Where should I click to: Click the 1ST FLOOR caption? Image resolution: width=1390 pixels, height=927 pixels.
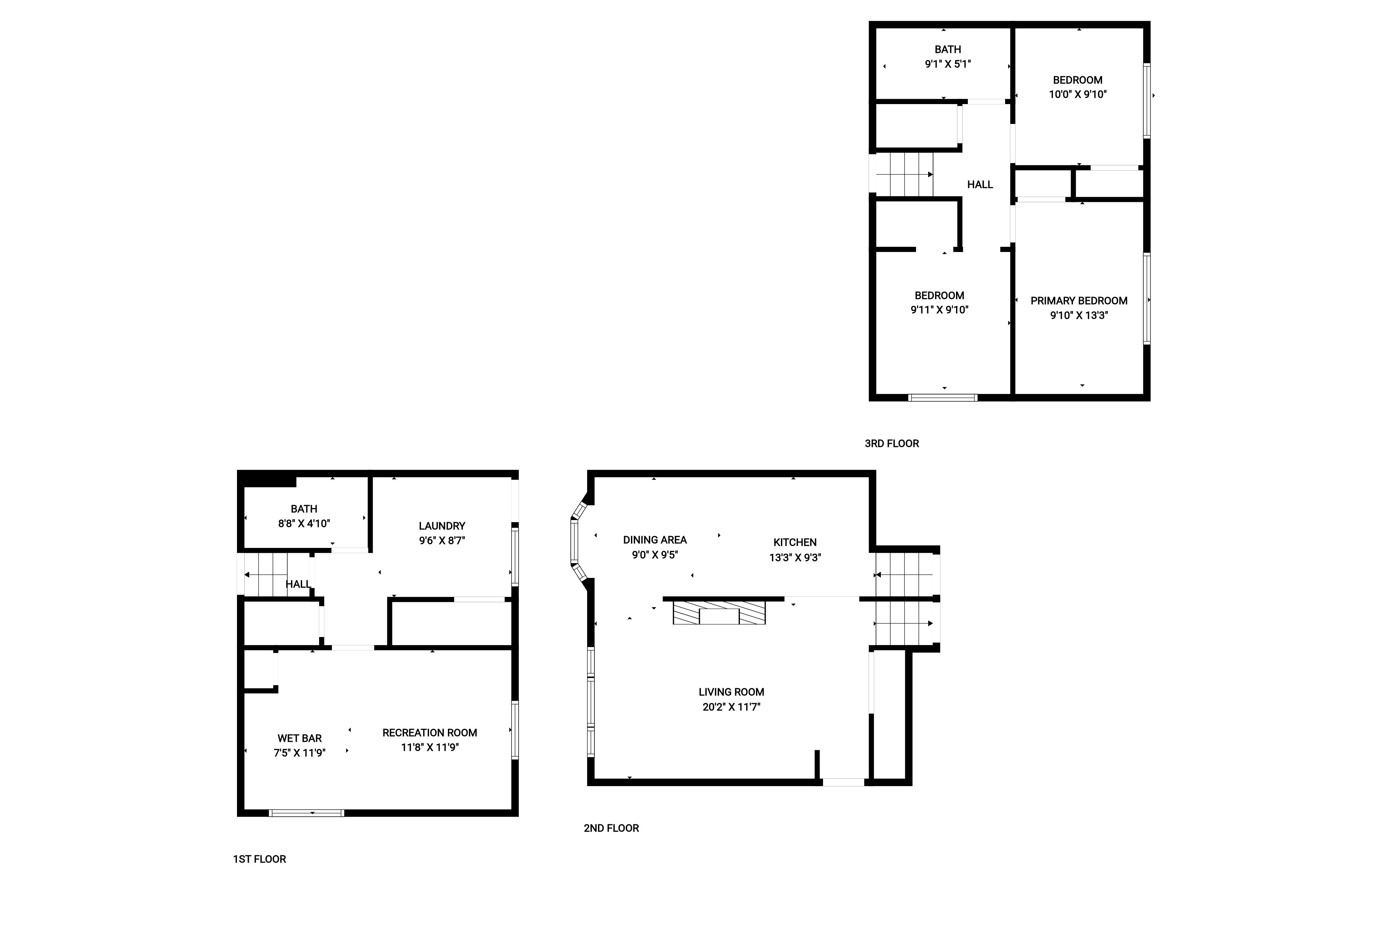point(259,859)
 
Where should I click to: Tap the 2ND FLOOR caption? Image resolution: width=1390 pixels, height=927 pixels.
point(611,828)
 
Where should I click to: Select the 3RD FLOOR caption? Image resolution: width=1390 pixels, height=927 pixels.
point(892,443)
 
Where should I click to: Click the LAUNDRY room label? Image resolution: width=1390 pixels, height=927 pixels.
point(442,526)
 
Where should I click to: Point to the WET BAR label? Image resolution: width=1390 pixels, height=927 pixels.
point(300,738)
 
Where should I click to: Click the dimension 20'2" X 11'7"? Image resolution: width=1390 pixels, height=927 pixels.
point(732,707)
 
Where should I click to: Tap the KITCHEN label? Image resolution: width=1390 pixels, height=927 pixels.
point(795,542)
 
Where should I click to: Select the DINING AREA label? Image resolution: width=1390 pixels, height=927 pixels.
point(655,540)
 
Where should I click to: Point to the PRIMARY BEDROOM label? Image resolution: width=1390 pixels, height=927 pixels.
point(1079,301)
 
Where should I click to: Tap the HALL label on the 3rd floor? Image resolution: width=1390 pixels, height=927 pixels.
point(980,184)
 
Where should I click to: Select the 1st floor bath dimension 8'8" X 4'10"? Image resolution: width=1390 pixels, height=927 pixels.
point(305,523)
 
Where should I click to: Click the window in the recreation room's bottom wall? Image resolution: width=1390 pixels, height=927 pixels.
point(307,813)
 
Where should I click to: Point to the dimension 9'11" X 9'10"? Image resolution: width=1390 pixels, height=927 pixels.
point(940,310)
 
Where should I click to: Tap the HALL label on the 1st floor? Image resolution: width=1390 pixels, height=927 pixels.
point(299,584)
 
